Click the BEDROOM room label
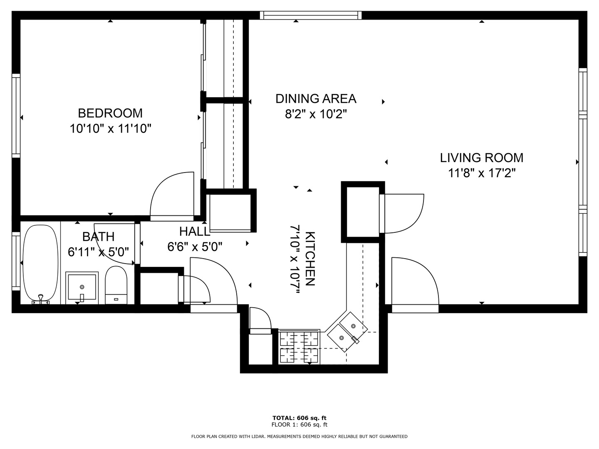pos(110,113)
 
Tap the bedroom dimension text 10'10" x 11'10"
pos(110,128)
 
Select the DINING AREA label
pos(316,99)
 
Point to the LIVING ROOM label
pos(482,158)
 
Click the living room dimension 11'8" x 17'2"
pos(482,173)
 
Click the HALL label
pos(195,232)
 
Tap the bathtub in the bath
pos(41,264)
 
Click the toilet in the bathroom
pos(116,285)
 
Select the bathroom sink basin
pos(82,287)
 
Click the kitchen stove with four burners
pos(299,346)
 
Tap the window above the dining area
pos(311,15)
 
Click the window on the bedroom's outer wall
pos(16,116)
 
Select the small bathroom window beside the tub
pos(16,261)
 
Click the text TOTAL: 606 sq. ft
pos(299,418)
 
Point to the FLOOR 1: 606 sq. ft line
pos(299,424)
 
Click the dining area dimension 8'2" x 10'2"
pos(316,114)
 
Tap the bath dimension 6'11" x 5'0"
pos(98,252)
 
